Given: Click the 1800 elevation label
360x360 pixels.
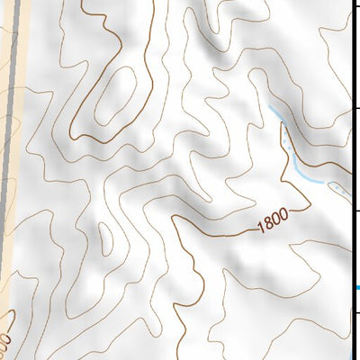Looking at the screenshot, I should point(274,221).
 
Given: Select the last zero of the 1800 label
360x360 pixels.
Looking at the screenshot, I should point(284,217).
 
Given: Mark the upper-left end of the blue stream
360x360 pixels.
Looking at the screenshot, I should point(270,108).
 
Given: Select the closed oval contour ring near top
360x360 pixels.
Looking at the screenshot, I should point(114,94).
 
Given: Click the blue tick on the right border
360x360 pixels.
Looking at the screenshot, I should point(355,288).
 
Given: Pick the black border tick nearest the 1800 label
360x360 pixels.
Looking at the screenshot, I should point(355,211).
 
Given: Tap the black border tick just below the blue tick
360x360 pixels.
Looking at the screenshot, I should point(355,313).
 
